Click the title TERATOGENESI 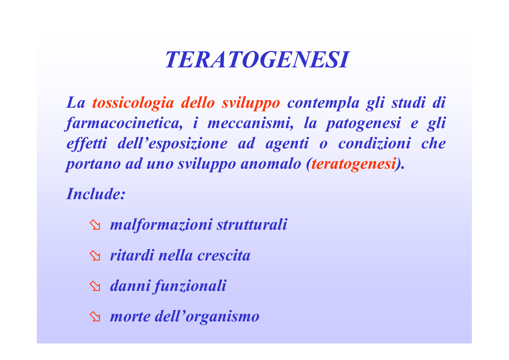point(257,60)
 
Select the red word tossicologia point(133,102)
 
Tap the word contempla point(323,103)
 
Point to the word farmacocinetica point(124,123)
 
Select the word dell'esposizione point(172,144)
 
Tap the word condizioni point(375,143)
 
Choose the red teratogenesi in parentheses point(353,164)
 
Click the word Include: point(96,194)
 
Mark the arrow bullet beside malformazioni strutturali point(95,225)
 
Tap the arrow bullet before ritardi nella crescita point(95,256)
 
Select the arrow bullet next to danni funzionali point(95,286)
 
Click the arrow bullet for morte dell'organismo point(95,317)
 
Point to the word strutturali point(252,225)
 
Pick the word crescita point(224,256)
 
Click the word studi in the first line point(408,103)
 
